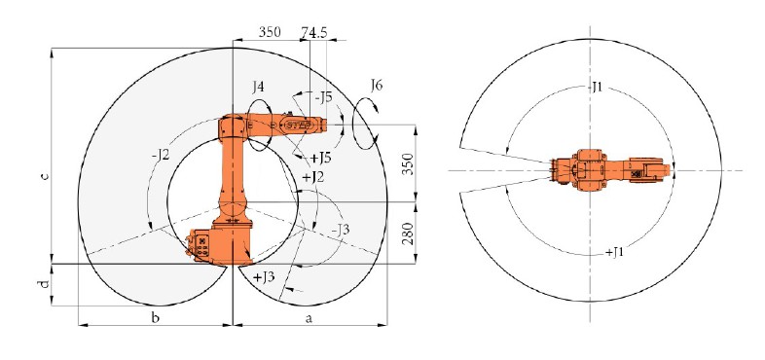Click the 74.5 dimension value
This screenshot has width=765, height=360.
click(x=313, y=32)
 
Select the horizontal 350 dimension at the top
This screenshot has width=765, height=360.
click(x=270, y=32)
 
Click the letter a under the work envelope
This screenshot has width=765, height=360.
click(x=309, y=318)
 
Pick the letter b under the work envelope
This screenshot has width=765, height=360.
click(x=155, y=318)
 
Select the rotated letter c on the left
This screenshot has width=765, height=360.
click(x=45, y=176)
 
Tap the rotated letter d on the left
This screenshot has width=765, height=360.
click(x=45, y=284)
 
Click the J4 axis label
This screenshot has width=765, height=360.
click(x=259, y=88)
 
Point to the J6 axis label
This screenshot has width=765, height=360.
click(x=376, y=86)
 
